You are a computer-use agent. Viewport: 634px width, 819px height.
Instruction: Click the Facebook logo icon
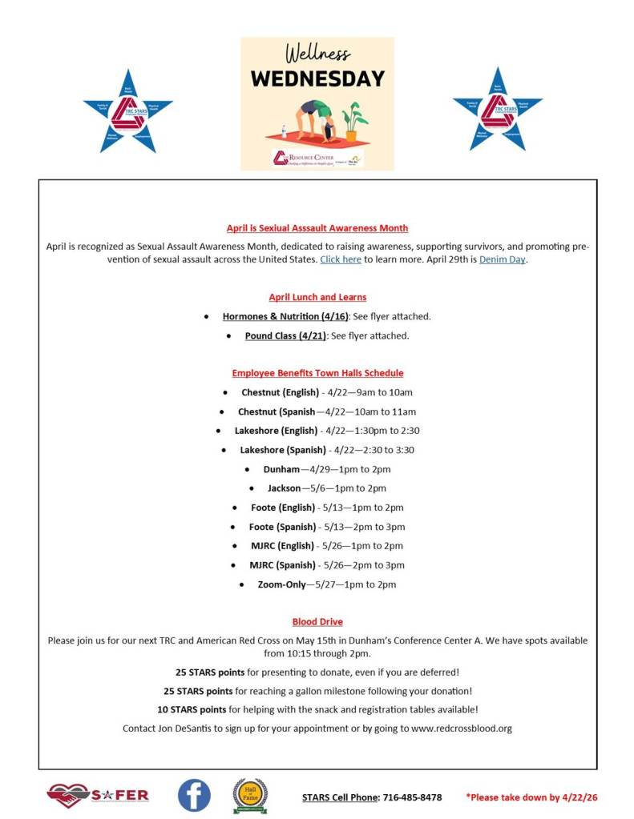pos(194,795)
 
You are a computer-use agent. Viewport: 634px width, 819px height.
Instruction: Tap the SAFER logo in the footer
pos(98,795)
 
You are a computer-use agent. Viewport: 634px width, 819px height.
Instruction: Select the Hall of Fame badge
pos(250,795)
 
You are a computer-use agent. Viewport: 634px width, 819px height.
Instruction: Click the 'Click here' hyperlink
pos(341,259)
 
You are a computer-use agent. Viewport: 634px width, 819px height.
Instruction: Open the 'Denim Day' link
pos(503,259)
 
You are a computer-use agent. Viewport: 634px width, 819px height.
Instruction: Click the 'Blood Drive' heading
pos(317,621)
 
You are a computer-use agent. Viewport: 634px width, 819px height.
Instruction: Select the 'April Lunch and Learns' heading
pos(317,297)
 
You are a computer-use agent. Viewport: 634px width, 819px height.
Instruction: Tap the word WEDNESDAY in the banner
pos(317,78)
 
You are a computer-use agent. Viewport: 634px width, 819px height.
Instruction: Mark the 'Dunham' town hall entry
pos(281,469)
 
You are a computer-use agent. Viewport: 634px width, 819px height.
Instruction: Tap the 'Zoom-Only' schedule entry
pos(281,584)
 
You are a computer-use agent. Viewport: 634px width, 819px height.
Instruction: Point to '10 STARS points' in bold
pos(192,709)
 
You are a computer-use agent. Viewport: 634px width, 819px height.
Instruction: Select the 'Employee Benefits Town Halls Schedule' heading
pos(317,373)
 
